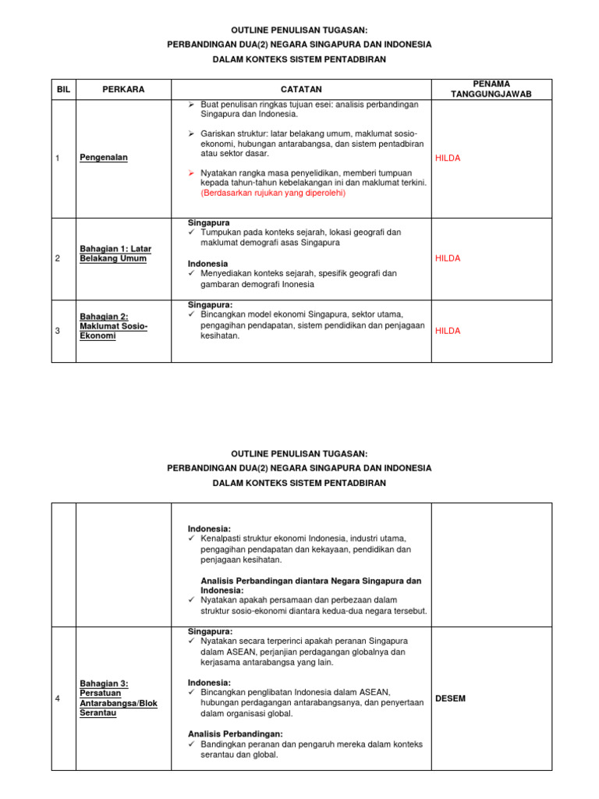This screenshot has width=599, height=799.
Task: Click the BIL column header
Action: [63, 90]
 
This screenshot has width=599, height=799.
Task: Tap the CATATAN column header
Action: [301, 90]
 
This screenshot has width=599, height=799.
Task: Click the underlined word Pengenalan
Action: [104, 158]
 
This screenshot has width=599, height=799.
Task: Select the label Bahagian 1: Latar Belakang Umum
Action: [115, 254]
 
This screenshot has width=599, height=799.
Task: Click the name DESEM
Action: [450, 698]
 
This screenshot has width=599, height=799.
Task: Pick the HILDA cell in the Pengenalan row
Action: [448, 158]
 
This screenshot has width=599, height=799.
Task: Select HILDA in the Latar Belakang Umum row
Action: [448, 258]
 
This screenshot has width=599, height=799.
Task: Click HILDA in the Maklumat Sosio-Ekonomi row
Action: [448, 331]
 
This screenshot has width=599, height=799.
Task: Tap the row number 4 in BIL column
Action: [58, 698]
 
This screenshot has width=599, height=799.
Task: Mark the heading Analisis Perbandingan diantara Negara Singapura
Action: [310, 581]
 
